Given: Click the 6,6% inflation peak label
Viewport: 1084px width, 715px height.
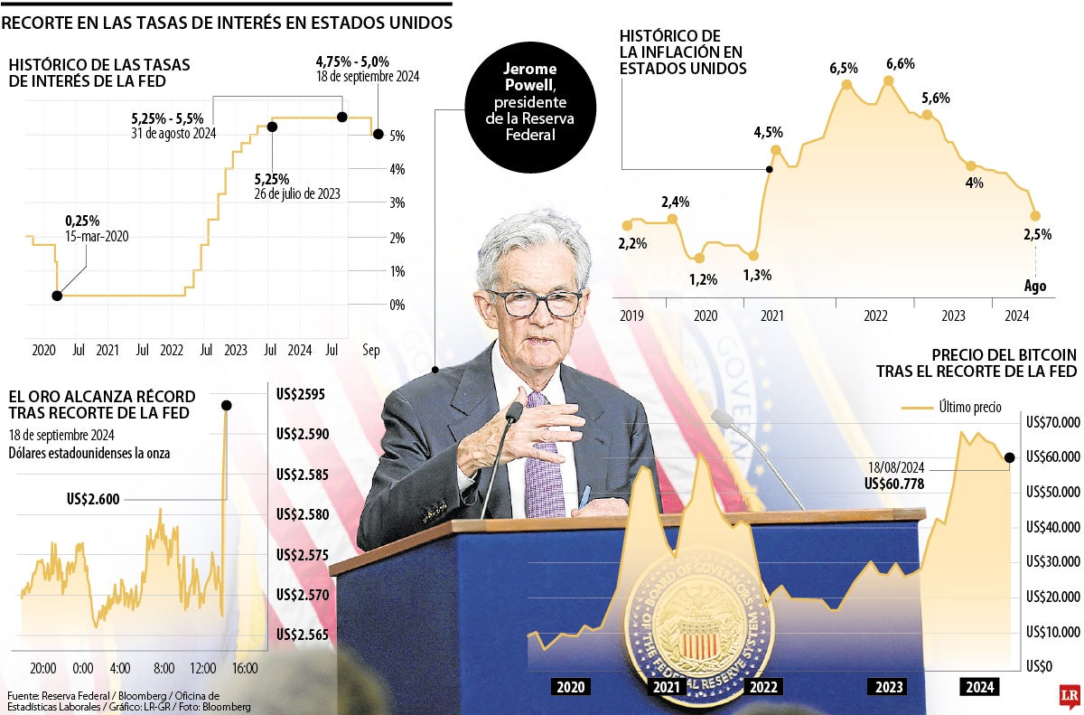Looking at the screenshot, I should [x=900, y=63].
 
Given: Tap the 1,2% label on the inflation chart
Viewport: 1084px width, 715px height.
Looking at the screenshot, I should [x=703, y=279].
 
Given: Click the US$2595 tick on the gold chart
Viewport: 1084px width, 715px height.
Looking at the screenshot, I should [x=302, y=394].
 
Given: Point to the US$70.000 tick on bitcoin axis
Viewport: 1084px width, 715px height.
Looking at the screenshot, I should [x=1052, y=422].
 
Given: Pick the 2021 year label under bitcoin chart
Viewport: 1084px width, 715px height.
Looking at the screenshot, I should [x=666, y=687].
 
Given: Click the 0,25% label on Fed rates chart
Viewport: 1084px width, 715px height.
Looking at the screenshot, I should [x=82, y=221].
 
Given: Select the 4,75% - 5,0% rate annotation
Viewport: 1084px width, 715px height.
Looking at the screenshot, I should [x=352, y=61].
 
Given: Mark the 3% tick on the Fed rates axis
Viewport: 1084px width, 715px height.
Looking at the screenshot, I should [x=397, y=203].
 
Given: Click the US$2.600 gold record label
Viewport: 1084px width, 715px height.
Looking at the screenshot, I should [x=92, y=498].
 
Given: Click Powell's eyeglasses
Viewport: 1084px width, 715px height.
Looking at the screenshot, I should [x=535, y=303].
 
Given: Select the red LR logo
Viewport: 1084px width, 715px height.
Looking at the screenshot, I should [x=1070, y=696].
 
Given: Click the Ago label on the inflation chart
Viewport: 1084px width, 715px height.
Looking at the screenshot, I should [x=1035, y=286].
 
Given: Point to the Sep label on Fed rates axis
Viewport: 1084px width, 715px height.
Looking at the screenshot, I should [x=371, y=350].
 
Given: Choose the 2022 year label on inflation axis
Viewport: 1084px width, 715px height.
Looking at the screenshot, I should [x=875, y=316].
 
